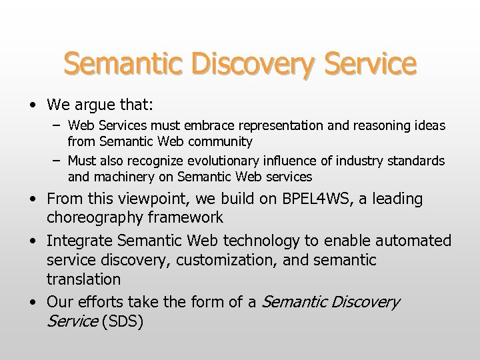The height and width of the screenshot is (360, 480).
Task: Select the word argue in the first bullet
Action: pos(94,105)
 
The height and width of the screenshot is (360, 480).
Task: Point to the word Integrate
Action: pos(79,240)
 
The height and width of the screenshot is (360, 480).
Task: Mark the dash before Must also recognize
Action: pos(59,161)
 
